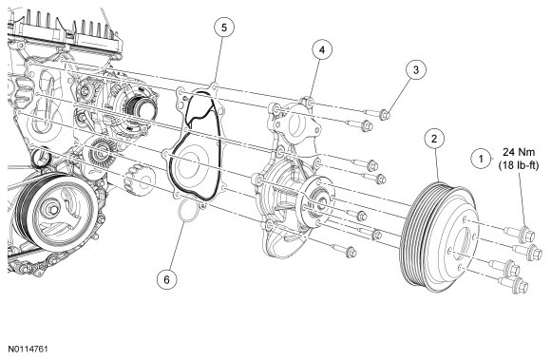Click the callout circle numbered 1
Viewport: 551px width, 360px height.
482,159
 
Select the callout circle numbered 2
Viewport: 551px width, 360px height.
434,139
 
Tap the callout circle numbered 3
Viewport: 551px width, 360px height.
416,69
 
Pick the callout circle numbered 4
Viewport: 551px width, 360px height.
322,50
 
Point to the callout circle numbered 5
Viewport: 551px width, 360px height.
224,27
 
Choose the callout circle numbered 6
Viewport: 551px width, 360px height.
167,279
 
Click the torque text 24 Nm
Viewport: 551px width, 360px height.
519,152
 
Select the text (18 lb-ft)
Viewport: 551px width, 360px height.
519,165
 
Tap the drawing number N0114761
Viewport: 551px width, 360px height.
28,350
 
